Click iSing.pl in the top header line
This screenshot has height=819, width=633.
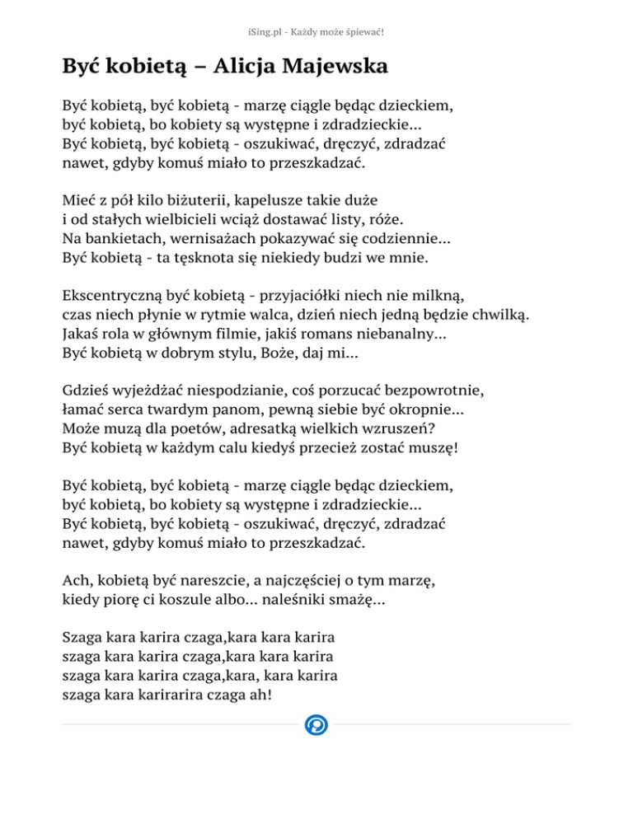tap(264, 32)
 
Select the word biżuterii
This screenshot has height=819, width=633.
tap(198, 199)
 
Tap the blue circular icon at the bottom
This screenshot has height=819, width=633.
tap(316, 725)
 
